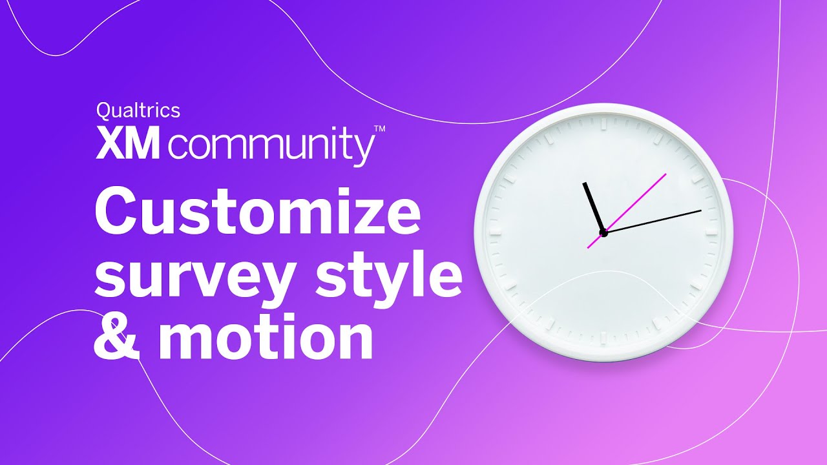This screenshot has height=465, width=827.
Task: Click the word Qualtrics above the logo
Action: click(138, 110)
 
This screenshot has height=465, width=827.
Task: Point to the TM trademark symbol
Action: click(380, 129)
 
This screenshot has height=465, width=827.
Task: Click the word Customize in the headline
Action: click(257, 214)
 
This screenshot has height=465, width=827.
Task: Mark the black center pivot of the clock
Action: click(603, 232)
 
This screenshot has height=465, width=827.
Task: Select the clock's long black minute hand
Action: click(653, 221)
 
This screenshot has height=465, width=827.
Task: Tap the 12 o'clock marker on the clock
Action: click(603, 123)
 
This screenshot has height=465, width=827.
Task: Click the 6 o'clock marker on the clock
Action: click(603, 338)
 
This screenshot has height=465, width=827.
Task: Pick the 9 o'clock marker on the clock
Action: click(496, 231)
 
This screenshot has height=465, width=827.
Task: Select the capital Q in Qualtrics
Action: click(103, 110)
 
